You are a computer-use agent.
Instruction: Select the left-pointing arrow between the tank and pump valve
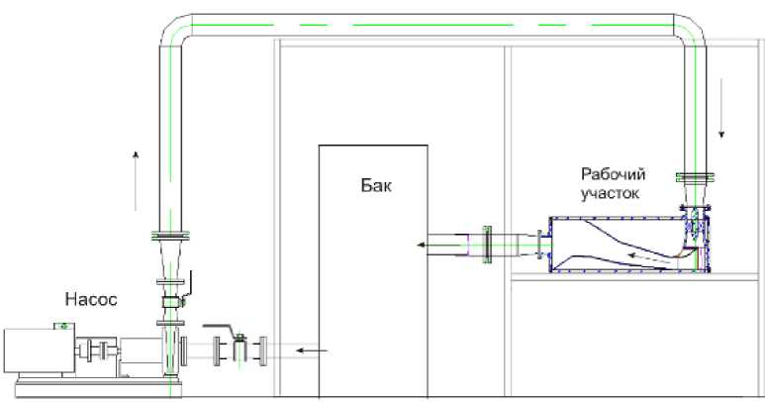(x=310, y=350)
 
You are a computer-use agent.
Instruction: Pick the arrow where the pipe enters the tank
(x=433, y=244)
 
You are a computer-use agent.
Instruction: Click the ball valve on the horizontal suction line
(x=238, y=349)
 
